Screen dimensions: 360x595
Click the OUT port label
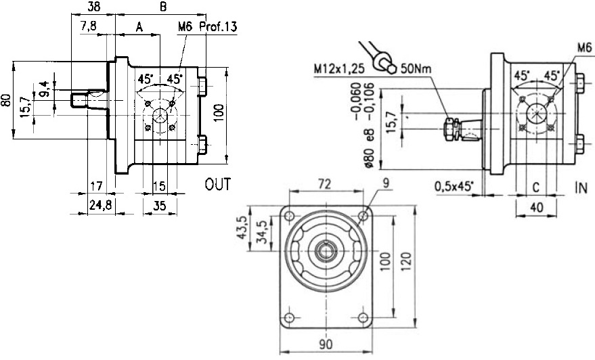[x=218, y=183]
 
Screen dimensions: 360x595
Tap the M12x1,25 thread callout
[x=340, y=68]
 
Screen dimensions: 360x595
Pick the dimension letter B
[x=162, y=7]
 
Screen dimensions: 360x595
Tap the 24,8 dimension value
[x=101, y=204]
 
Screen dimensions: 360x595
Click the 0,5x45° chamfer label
[x=453, y=185]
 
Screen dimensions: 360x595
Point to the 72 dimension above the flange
[x=326, y=183]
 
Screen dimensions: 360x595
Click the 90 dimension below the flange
[x=326, y=344]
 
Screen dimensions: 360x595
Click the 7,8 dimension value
[x=88, y=27]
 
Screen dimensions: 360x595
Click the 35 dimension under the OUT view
[x=159, y=204]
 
